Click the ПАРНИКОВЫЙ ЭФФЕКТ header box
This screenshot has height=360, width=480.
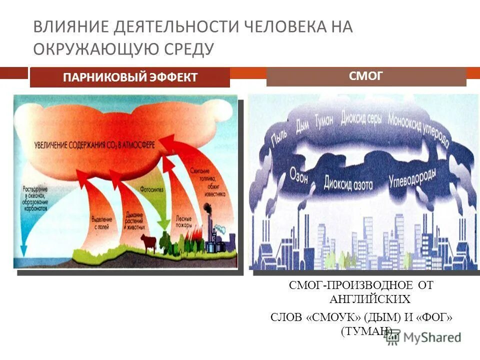pyautogui.click(x=130, y=77)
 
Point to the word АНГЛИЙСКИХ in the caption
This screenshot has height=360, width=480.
pyautogui.click(x=369, y=299)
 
